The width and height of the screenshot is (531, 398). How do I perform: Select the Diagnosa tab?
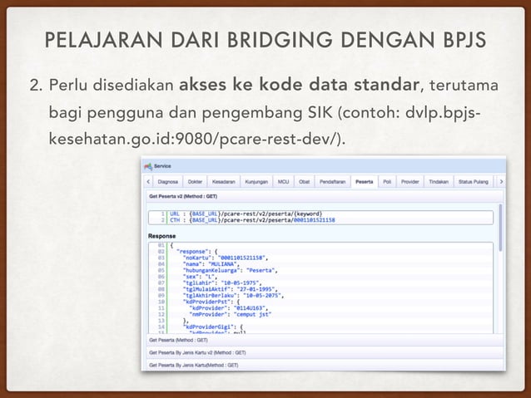(x=169, y=180)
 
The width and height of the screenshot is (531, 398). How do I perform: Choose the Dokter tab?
(x=196, y=180)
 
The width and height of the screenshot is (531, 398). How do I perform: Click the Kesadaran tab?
(x=222, y=180)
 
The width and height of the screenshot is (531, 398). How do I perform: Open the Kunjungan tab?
(x=256, y=180)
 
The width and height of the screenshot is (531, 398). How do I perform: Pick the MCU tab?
(x=284, y=180)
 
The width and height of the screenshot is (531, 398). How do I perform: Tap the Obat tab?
(x=305, y=180)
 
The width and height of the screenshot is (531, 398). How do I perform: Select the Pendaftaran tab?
(x=333, y=180)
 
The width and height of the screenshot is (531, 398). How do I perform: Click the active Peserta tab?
(x=364, y=180)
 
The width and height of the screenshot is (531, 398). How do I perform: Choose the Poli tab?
(x=387, y=180)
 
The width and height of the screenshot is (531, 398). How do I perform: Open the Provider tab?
(x=409, y=180)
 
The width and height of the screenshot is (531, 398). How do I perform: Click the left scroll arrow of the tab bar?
(x=148, y=180)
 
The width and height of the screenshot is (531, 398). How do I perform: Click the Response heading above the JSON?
(x=163, y=235)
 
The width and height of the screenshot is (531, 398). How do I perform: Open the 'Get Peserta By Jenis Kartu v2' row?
(x=188, y=352)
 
